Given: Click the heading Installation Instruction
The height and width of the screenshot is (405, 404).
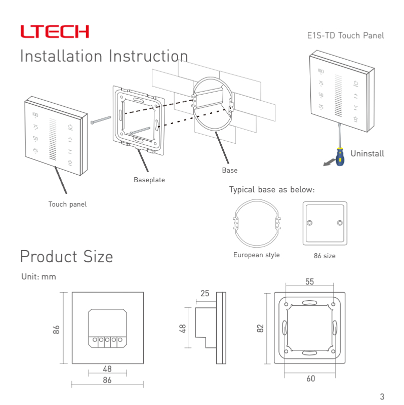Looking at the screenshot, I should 104,56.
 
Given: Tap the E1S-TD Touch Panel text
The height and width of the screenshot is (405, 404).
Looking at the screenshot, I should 345,35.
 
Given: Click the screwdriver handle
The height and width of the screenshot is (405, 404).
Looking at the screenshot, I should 340,156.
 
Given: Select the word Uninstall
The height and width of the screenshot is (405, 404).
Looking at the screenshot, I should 367,154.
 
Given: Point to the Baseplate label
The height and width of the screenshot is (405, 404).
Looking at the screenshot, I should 149,180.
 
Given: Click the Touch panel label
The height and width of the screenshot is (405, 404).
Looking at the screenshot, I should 67,204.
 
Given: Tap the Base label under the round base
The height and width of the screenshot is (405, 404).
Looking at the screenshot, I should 229,170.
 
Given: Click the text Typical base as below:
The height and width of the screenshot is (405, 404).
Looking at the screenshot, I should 272,190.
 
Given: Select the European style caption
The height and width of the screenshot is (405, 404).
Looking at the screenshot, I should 256,255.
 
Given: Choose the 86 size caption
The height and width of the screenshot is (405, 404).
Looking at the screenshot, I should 325,256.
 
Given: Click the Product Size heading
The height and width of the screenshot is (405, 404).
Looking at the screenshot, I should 66,257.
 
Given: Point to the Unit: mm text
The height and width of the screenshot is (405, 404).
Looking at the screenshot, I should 38,277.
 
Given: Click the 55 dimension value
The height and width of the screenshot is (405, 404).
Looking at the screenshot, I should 310,282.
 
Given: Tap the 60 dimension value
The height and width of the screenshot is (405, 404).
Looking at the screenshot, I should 310,378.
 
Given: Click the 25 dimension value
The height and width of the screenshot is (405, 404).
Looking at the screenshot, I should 205,293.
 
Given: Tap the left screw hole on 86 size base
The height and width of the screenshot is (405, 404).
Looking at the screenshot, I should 309,223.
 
